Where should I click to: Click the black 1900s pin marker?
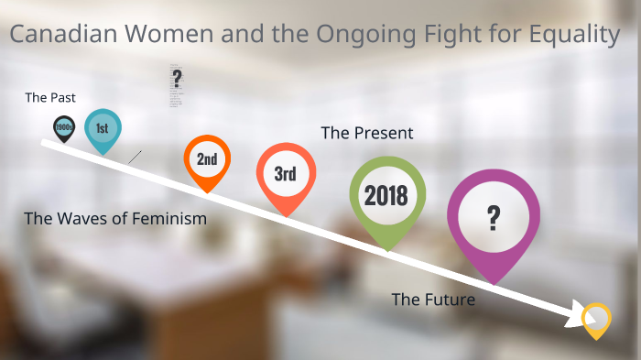(x=63, y=127)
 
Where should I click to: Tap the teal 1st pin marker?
(x=103, y=129)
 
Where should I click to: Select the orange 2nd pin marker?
(x=207, y=160)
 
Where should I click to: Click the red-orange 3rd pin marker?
(x=286, y=175)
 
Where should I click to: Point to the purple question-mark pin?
(x=493, y=220)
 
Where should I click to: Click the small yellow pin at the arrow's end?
(x=596, y=319)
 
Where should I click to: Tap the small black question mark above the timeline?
(x=178, y=79)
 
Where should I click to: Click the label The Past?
(x=50, y=97)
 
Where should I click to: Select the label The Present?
(x=366, y=133)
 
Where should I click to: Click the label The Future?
(x=433, y=299)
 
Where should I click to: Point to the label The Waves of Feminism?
(x=115, y=219)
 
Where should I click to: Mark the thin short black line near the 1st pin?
(x=135, y=157)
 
